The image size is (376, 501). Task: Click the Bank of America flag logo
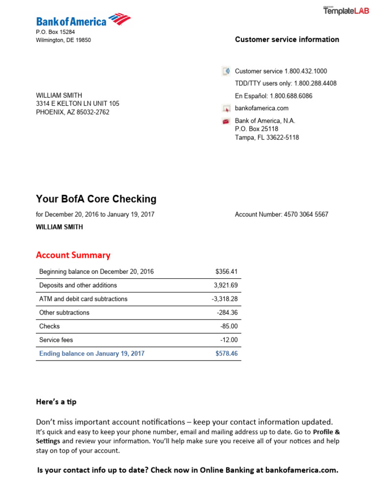click(x=119, y=20)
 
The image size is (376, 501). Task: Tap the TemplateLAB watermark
click(x=345, y=11)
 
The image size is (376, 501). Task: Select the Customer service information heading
click(x=287, y=40)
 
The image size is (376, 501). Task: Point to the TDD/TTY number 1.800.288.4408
click(x=315, y=84)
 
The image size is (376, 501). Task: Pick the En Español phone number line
click(x=274, y=96)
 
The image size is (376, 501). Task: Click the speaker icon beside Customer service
click(x=226, y=71)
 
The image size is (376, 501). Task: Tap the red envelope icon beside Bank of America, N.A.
click(x=226, y=121)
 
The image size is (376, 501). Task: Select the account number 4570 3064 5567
click(x=306, y=214)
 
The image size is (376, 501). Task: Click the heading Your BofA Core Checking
click(x=96, y=199)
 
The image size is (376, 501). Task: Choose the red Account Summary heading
click(x=73, y=255)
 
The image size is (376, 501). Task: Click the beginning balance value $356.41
click(x=226, y=272)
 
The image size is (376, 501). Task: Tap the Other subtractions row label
click(x=64, y=313)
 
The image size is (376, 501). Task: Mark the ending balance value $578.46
click(x=226, y=354)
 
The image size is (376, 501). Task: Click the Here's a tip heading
click(x=56, y=402)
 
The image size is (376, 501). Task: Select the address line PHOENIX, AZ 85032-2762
click(x=72, y=112)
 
